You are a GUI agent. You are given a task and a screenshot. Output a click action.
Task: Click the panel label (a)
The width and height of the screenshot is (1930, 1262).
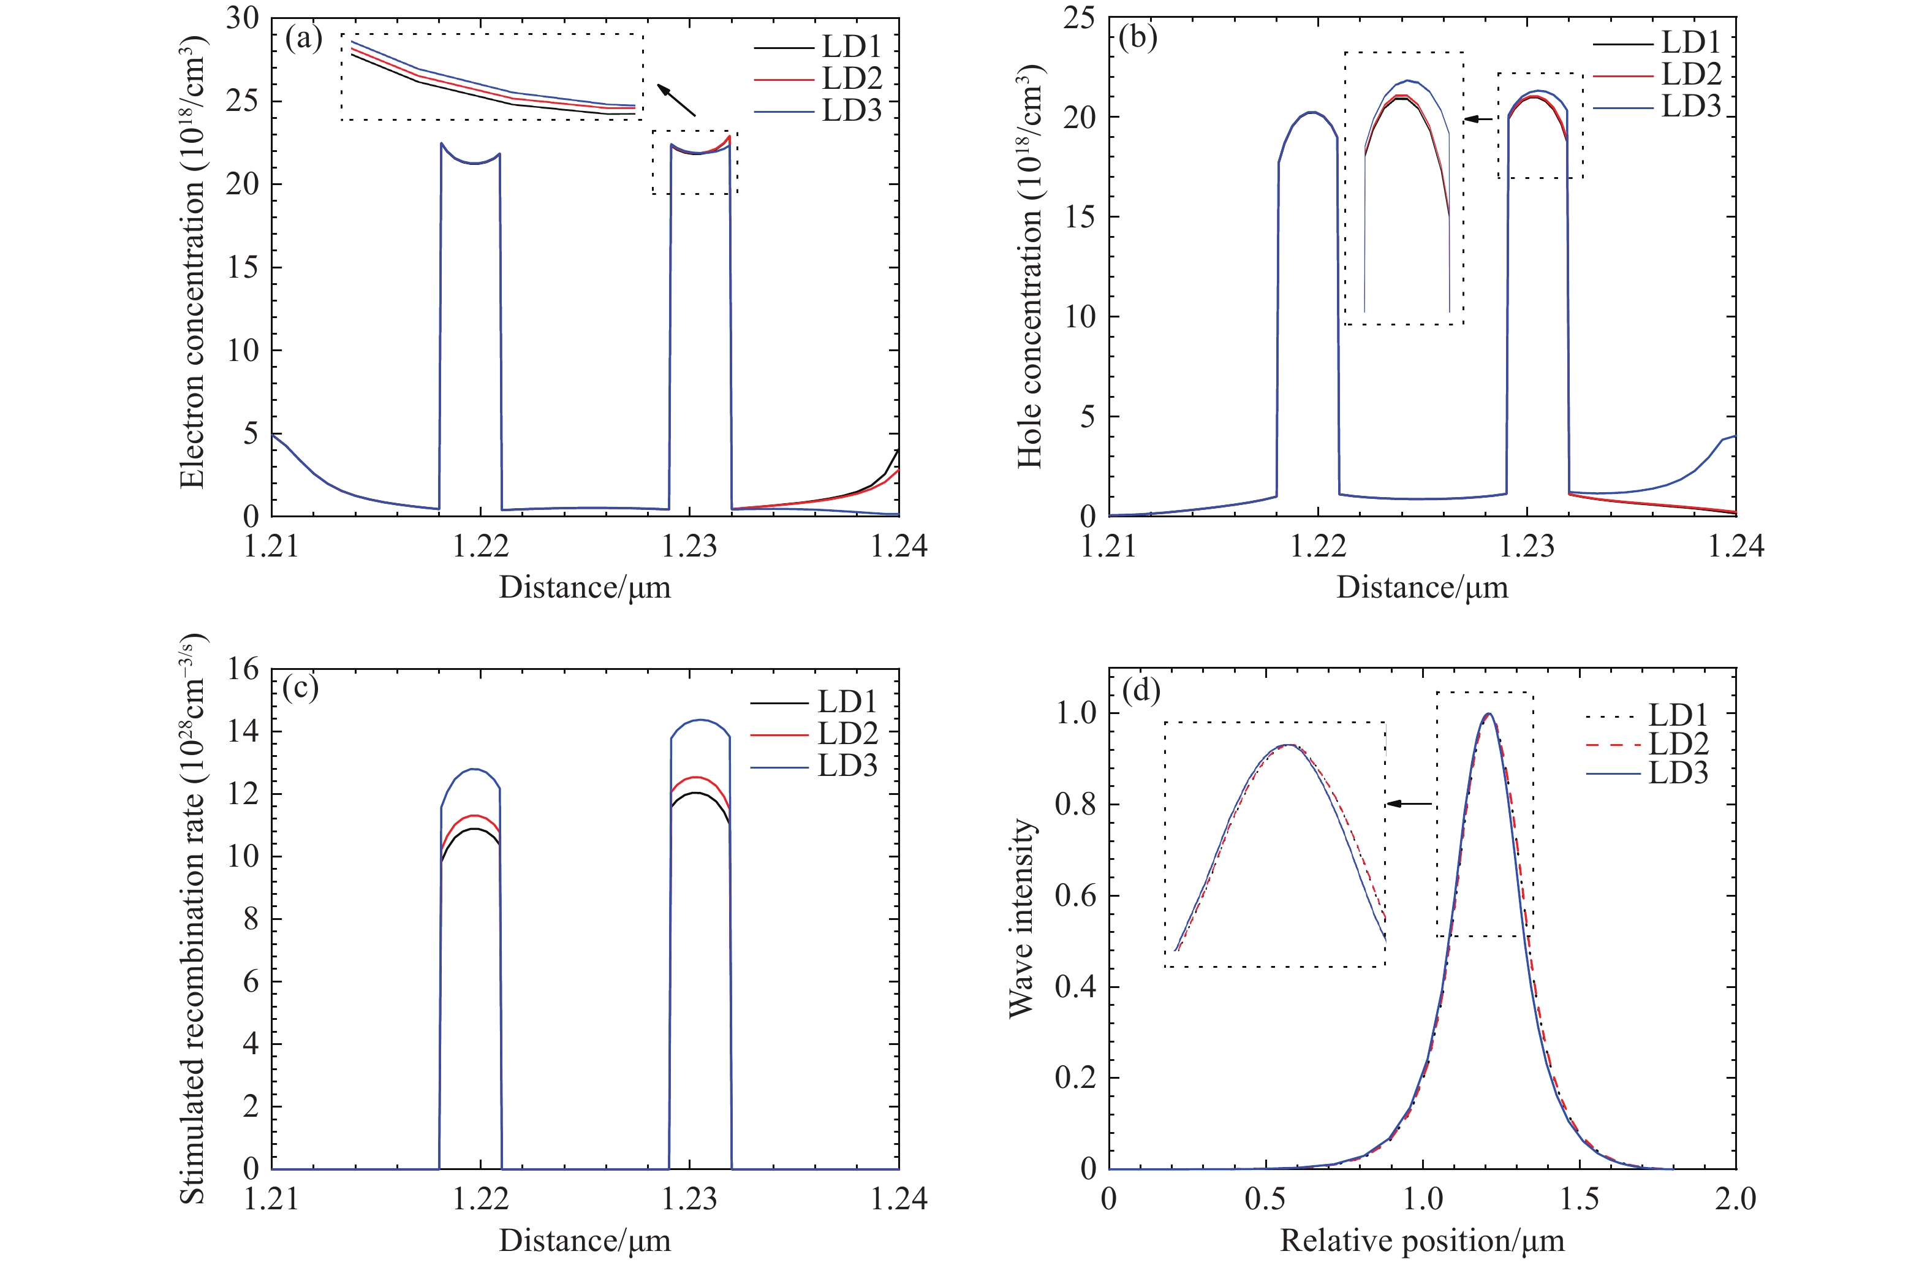(304, 38)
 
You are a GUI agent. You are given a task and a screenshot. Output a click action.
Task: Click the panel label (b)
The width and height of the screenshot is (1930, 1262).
(1137, 38)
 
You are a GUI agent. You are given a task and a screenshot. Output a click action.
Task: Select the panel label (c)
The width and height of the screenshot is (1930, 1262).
(300, 688)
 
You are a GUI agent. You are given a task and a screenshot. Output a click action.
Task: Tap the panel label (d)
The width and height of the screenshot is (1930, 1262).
(1140, 690)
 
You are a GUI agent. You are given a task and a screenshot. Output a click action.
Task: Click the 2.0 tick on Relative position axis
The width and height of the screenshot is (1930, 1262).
(1735, 1199)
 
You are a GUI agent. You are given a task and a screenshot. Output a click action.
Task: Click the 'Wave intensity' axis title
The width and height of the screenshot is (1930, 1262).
(1023, 918)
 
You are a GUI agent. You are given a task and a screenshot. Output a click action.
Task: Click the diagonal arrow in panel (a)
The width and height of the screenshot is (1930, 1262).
(676, 101)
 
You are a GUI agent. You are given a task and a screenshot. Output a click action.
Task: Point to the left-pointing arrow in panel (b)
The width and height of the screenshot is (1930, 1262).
(1478, 120)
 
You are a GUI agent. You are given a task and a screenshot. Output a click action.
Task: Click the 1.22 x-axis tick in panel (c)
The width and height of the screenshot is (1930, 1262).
(481, 1199)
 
